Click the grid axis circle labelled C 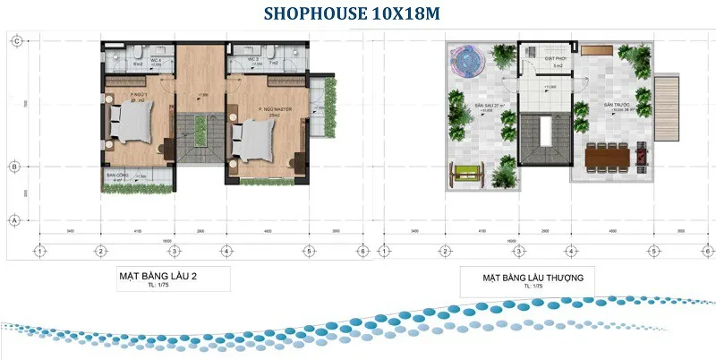15,40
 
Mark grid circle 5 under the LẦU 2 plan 308,251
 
